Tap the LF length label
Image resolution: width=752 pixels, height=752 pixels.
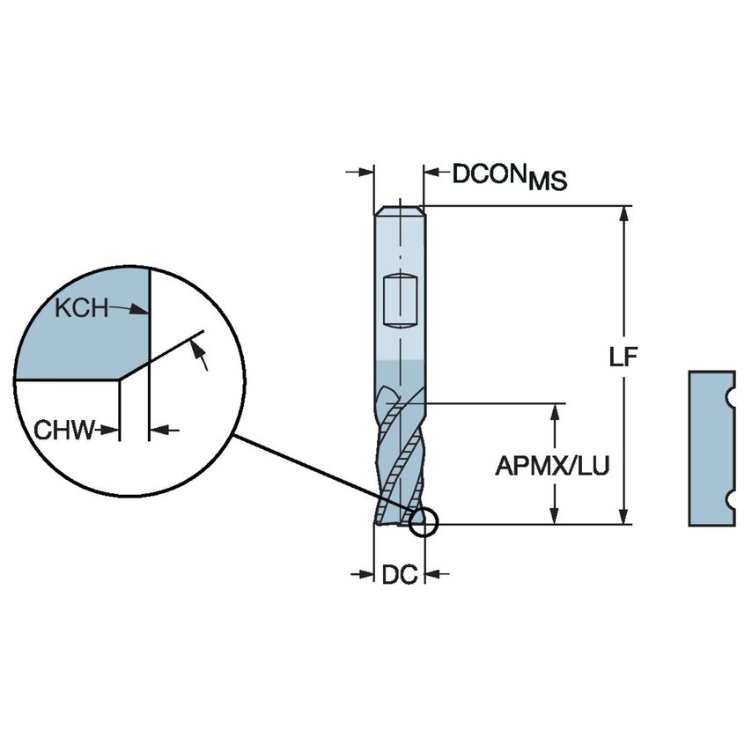click(x=623, y=357)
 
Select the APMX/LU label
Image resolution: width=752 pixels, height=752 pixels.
click(x=552, y=466)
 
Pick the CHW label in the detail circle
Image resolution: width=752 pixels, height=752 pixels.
click(x=63, y=431)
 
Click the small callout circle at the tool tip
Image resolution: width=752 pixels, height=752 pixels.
click(x=423, y=522)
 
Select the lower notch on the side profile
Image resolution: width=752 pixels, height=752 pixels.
click(x=730, y=500)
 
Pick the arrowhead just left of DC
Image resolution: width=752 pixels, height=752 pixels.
click(x=369, y=575)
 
